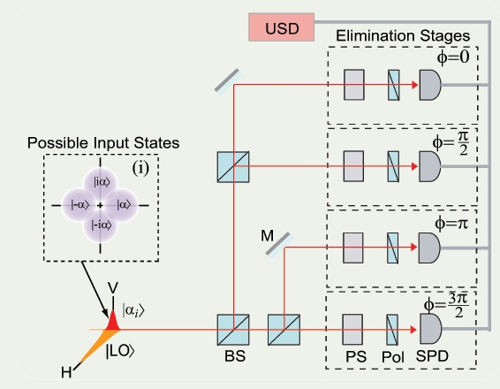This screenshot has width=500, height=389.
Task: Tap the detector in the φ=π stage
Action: pos(430,249)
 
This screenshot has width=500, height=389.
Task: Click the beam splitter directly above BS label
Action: pos(233,330)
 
